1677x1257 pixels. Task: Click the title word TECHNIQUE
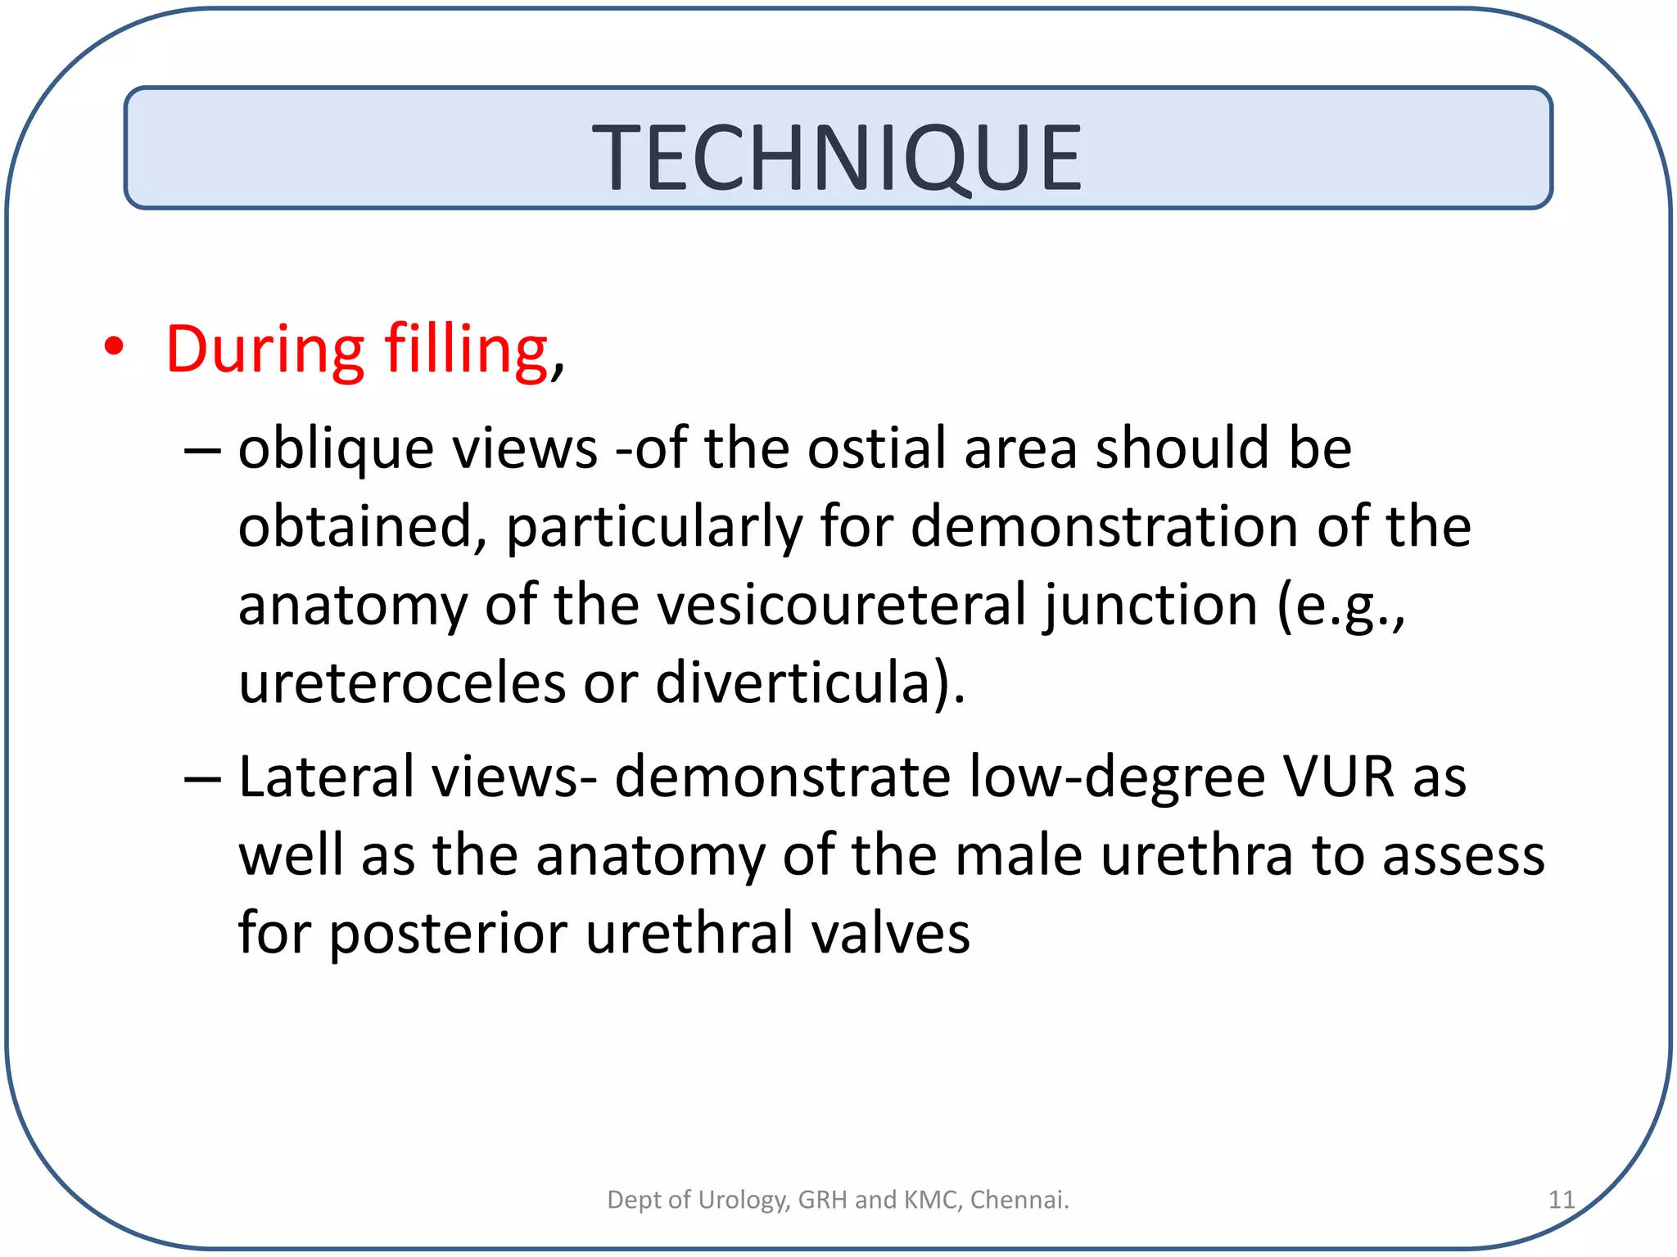point(837,157)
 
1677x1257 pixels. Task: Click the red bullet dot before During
point(114,347)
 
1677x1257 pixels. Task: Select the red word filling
point(467,349)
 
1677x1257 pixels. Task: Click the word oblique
point(335,450)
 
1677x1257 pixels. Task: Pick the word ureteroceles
point(401,683)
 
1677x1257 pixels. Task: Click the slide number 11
point(1561,1200)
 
